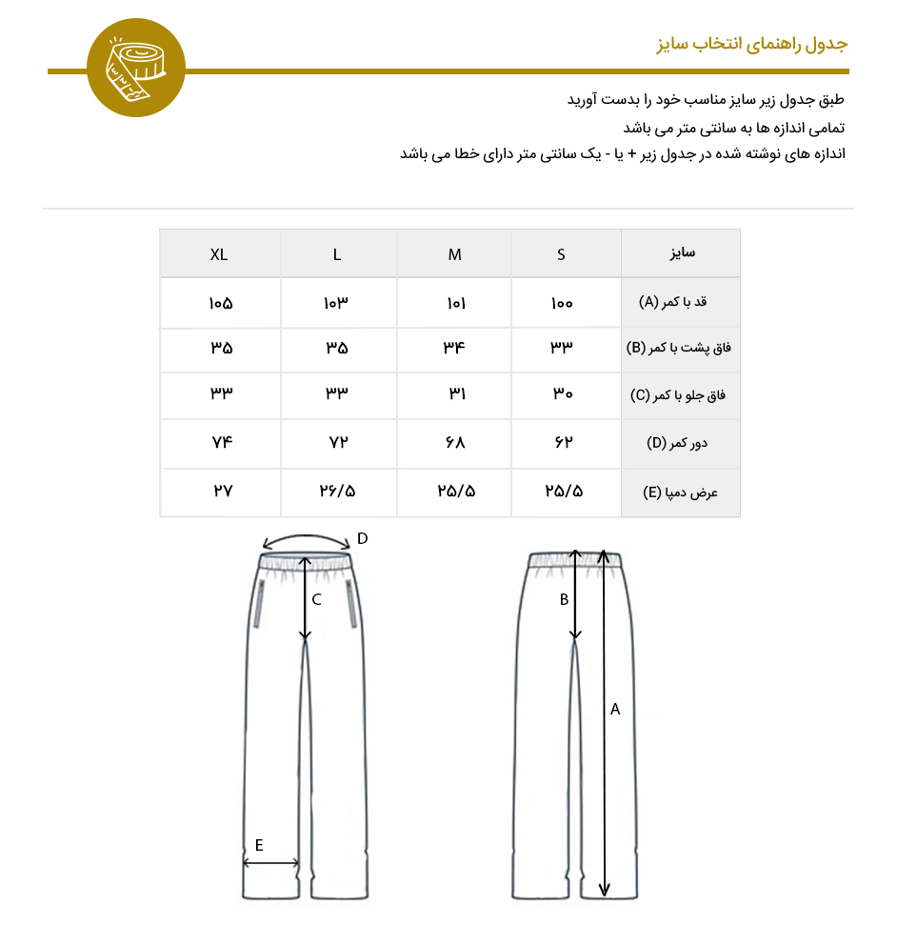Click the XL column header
[219, 254]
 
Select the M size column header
[455, 254]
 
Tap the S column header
[562, 254]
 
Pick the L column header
[337, 254]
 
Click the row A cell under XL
[220, 303]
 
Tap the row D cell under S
[562, 443]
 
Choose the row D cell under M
[454, 443]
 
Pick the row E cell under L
[337, 492]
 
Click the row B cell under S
[562, 348]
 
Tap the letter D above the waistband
[362, 539]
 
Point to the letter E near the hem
[258, 845]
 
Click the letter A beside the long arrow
[615, 709]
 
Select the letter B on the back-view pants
[564, 600]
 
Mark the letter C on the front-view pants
[316, 599]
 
